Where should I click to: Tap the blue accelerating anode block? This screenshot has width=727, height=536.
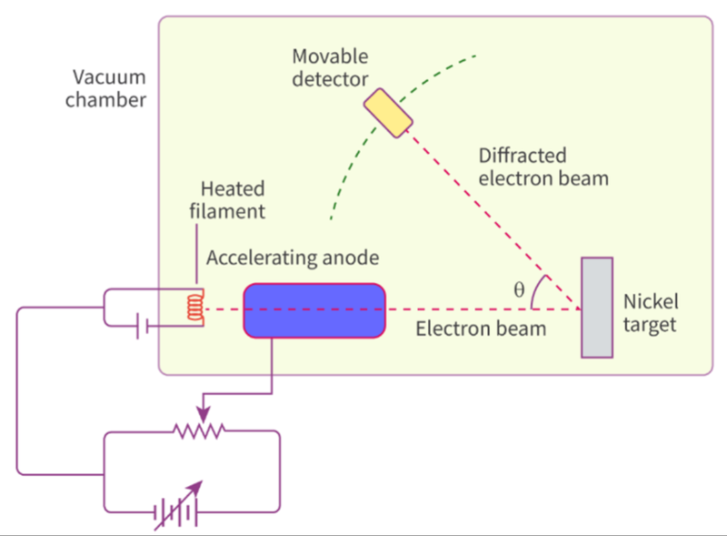pyautogui.click(x=314, y=310)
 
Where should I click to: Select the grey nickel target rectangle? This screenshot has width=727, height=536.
pyautogui.click(x=596, y=307)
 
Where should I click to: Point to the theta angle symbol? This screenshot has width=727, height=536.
pyautogui.click(x=519, y=290)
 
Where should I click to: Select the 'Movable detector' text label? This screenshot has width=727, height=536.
pyautogui.click(x=331, y=68)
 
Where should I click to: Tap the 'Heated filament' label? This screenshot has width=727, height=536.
pyautogui.click(x=233, y=200)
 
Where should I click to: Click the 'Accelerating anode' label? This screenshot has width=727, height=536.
pyautogui.click(x=292, y=258)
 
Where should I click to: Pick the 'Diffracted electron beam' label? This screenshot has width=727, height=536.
pyautogui.click(x=543, y=166)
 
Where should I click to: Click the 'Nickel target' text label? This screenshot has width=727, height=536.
pyautogui.click(x=651, y=312)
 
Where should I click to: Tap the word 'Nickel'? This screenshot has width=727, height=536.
pyautogui.click(x=651, y=301)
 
